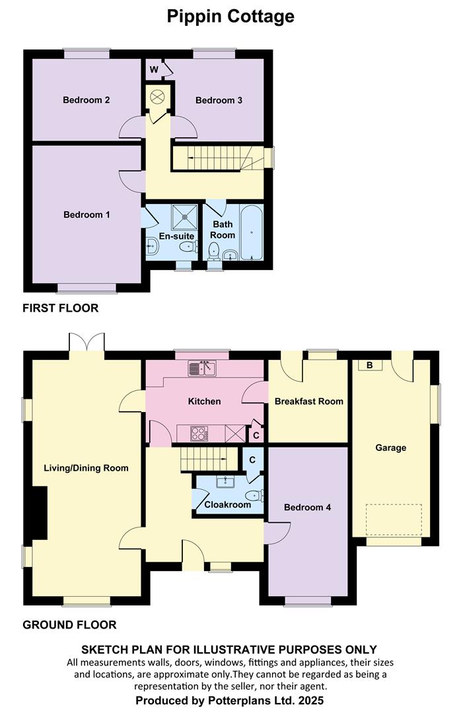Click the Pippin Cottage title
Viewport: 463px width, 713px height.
pyautogui.click(x=231, y=17)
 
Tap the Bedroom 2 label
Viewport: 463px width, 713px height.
pyautogui.click(x=87, y=100)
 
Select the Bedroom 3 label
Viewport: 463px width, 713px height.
pyautogui.click(x=219, y=100)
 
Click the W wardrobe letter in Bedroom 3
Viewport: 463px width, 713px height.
pyautogui.click(x=154, y=69)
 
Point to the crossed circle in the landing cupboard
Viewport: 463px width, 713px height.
pyautogui.click(x=157, y=96)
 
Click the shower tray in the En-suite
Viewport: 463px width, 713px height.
pyautogui.click(x=185, y=217)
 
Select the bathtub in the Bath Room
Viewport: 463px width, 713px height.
pyautogui.click(x=252, y=232)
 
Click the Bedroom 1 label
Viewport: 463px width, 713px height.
pyautogui.click(x=87, y=215)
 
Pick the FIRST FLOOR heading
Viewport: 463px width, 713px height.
pyautogui.click(x=61, y=308)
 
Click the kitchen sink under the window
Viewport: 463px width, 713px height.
pyautogui.click(x=202, y=369)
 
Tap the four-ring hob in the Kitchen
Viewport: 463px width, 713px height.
pyautogui.click(x=199, y=433)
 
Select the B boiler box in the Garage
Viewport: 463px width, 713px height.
pyautogui.click(x=370, y=365)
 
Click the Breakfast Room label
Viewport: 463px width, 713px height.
pyautogui.click(x=309, y=401)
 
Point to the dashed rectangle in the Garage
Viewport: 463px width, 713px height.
pyautogui.click(x=394, y=520)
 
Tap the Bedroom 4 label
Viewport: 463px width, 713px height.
pyautogui.click(x=307, y=507)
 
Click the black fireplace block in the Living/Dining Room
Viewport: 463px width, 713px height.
pyautogui.click(x=40, y=512)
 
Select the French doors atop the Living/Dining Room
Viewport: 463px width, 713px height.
pyautogui.click(x=87, y=342)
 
